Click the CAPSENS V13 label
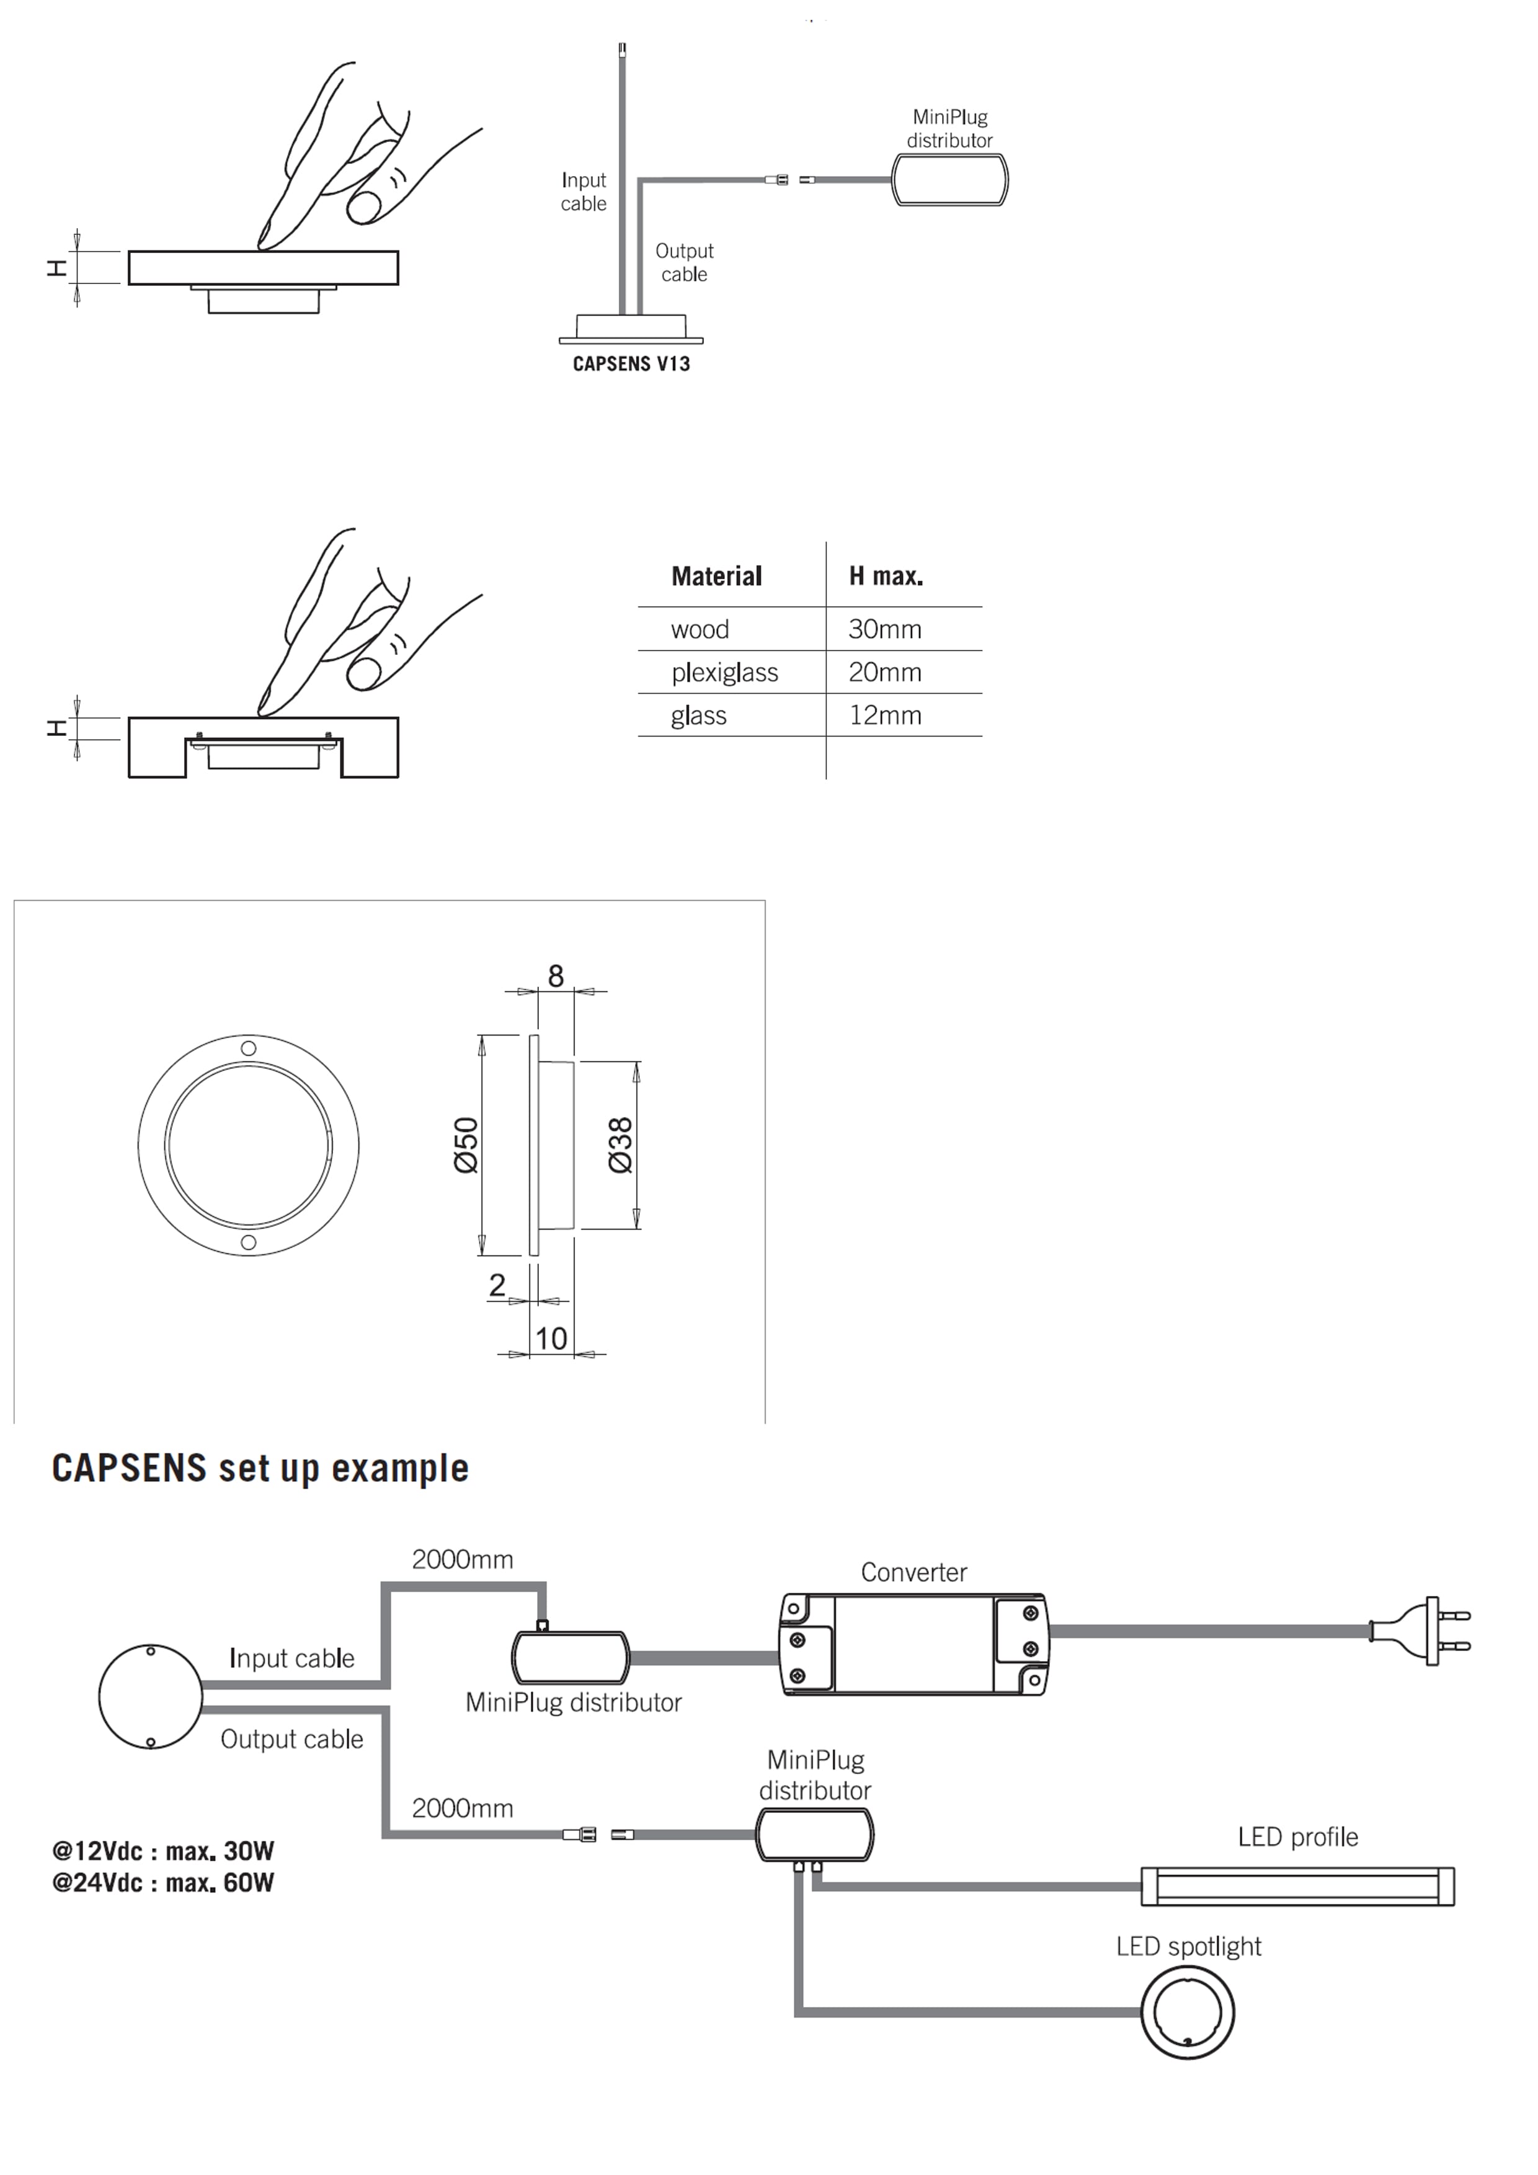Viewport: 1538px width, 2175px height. [631, 364]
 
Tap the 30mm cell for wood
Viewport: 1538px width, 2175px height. [884, 629]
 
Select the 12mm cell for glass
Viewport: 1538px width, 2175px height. [884, 715]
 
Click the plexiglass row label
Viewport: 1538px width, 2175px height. [724, 673]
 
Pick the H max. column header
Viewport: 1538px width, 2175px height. [885, 576]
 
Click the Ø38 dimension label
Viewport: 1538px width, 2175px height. [621, 1145]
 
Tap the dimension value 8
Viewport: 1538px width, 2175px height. [555, 976]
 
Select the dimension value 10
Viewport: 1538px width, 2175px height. [551, 1339]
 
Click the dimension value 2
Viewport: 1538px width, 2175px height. [497, 1285]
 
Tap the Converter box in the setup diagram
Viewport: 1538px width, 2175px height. [913, 1644]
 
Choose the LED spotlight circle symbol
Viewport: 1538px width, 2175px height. [1186, 2011]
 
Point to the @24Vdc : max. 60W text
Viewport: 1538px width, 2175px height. [163, 1882]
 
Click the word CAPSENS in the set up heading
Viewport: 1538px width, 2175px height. [129, 1468]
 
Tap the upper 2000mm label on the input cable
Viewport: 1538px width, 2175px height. [463, 1559]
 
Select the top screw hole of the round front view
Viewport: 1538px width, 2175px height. [248, 1048]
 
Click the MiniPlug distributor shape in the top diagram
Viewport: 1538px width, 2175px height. [949, 180]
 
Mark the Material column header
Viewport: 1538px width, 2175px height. [716, 576]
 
